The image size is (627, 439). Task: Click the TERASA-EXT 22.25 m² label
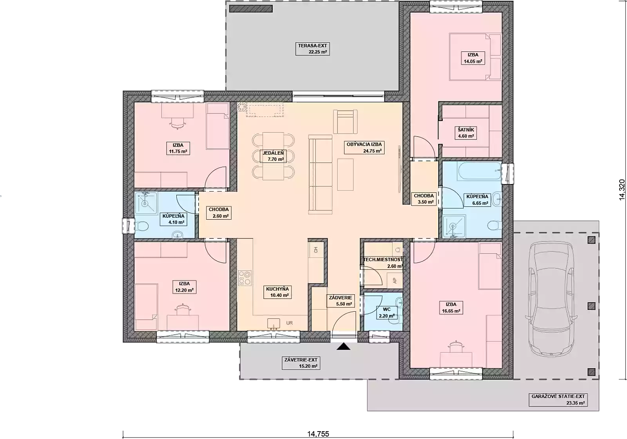click(x=312, y=49)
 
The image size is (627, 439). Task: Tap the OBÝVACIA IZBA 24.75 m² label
click(x=364, y=148)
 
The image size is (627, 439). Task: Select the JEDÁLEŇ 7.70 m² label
click(x=273, y=156)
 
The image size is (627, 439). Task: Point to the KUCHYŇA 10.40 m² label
click(x=277, y=292)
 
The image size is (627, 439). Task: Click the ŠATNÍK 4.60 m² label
click(x=466, y=133)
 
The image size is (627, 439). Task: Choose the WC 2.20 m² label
click(x=387, y=313)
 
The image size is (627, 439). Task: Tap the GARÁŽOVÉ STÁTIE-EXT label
click(x=558, y=396)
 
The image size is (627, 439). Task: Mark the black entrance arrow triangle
click(x=343, y=347)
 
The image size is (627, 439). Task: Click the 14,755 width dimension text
click(x=318, y=434)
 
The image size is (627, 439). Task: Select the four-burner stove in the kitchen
click(x=245, y=278)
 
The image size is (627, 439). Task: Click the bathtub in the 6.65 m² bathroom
click(x=480, y=171)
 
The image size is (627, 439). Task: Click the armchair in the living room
click(x=345, y=122)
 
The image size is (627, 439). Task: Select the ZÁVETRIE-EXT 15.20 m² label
click(x=301, y=363)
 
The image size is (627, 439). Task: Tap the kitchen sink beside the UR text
click(x=274, y=323)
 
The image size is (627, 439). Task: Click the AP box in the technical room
click(x=395, y=280)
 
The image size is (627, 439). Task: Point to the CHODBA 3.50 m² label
click(x=424, y=199)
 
